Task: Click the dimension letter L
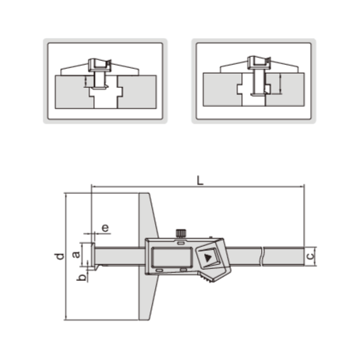[x=201, y=180]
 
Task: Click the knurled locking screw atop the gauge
[x=181, y=233]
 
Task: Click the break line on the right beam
[x=264, y=256]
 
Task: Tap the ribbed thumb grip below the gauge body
[x=207, y=279]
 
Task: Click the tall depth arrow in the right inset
[x=276, y=81]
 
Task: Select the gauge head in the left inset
[x=100, y=64]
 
